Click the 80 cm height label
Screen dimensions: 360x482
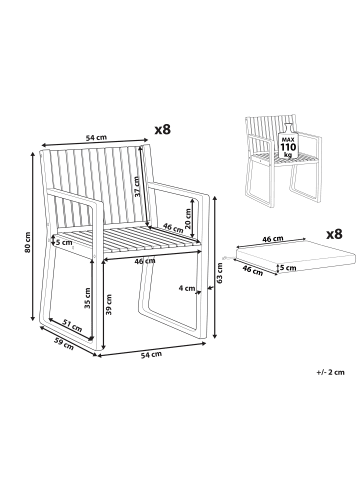click(28, 242)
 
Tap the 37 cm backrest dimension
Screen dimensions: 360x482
click(137, 187)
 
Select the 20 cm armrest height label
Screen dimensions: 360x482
click(188, 219)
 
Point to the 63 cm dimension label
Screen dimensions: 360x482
click(220, 273)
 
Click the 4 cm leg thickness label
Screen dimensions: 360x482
click(187, 288)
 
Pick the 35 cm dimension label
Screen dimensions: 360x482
click(87, 298)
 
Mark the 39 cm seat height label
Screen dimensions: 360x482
click(109, 304)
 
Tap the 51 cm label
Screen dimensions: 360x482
click(73, 325)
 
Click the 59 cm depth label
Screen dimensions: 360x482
click(64, 344)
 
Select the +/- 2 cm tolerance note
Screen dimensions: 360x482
click(330, 372)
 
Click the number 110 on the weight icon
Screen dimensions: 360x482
click(287, 147)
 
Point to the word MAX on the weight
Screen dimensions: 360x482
click(287, 139)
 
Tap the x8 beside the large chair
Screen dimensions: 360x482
click(163, 130)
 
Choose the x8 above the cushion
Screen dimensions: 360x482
click(334, 234)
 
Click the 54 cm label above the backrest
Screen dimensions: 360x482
click(96, 137)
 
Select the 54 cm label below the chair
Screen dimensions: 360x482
click(151, 355)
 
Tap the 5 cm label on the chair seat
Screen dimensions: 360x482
click(64, 242)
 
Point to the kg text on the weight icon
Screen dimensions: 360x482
click(287, 155)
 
